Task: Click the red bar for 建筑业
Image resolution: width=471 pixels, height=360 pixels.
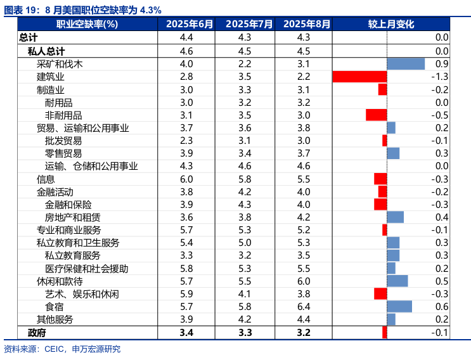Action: (x=359, y=77)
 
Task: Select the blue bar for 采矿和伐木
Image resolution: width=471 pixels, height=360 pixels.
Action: (x=406, y=64)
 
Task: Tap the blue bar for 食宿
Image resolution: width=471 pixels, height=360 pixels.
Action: (x=399, y=307)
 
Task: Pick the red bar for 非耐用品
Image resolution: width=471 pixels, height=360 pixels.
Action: (x=376, y=115)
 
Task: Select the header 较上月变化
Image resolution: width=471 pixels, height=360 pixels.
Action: (x=391, y=24)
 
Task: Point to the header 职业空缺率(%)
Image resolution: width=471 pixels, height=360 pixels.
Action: (x=87, y=24)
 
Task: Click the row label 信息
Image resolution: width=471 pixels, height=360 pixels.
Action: (x=46, y=179)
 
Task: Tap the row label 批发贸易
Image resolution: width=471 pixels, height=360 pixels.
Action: (x=63, y=141)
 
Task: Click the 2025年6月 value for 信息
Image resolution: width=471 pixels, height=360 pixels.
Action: (x=186, y=179)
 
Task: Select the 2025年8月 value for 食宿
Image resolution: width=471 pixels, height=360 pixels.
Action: (x=304, y=307)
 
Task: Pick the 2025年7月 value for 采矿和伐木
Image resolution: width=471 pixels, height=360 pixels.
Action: (x=245, y=64)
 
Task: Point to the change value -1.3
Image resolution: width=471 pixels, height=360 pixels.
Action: (x=439, y=77)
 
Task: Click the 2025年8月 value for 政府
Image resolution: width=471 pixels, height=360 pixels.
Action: (x=304, y=333)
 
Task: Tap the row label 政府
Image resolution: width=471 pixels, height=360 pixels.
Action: (x=37, y=333)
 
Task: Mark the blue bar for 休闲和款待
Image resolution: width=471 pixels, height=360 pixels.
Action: (x=397, y=281)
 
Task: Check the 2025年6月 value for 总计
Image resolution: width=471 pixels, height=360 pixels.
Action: (x=186, y=38)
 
